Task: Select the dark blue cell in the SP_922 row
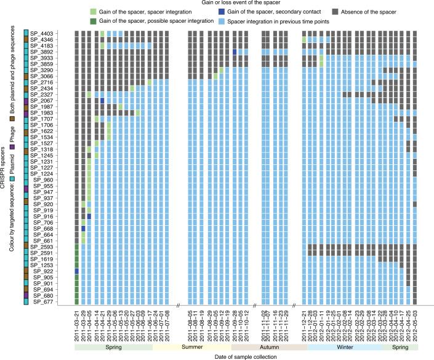pos(77,271)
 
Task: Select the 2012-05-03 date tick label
pos(415,326)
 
